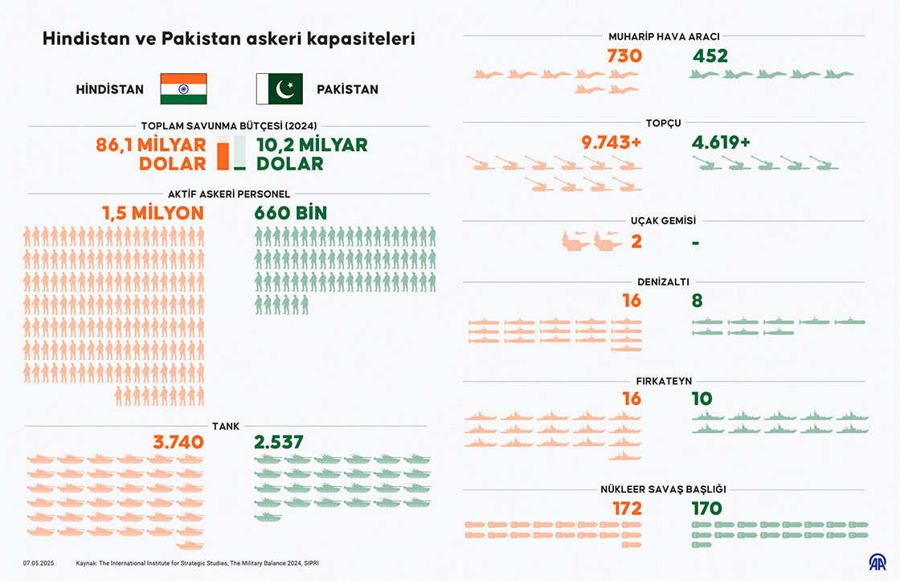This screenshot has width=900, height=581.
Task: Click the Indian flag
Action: (x=183, y=88)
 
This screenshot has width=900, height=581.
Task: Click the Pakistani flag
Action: (x=279, y=88)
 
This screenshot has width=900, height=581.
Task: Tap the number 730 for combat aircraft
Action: (x=625, y=55)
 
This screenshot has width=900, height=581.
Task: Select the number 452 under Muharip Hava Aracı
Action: (x=710, y=55)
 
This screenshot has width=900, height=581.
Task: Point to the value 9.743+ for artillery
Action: (x=612, y=142)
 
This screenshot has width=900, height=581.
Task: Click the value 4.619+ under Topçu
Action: (x=721, y=142)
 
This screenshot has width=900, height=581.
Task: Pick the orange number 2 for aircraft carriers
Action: (x=636, y=240)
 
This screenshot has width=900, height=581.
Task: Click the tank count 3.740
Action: (x=178, y=442)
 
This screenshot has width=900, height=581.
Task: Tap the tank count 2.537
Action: (x=279, y=442)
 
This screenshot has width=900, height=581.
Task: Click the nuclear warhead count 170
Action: (x=707, y=508)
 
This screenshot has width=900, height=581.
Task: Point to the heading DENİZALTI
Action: (x=663, y=282)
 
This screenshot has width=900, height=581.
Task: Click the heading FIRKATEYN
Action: (x=663, y=381)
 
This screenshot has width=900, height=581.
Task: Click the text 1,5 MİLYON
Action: (x=153, y=213)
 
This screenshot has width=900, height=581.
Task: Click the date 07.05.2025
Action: (x=39, y=563)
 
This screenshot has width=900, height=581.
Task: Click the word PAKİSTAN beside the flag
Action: (x=347, y=89)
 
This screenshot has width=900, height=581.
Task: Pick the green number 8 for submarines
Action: (x=697, y=301)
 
